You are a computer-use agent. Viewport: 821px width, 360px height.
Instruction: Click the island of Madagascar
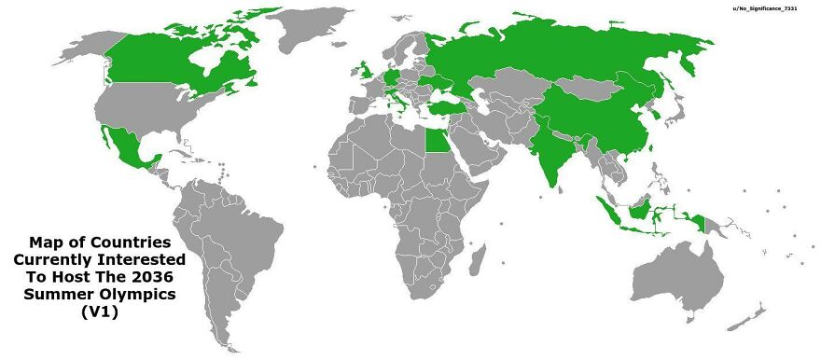point(494,267)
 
